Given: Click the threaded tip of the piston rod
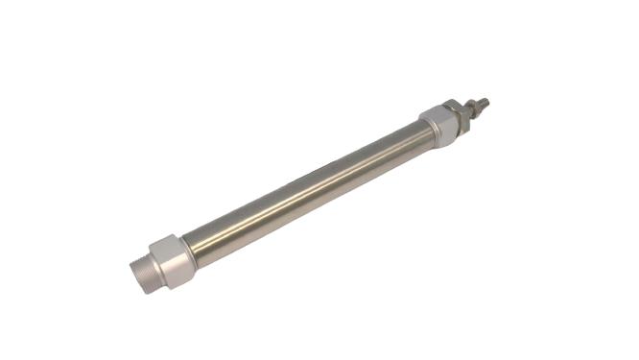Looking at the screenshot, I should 481,103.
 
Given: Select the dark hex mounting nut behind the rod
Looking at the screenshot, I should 456,114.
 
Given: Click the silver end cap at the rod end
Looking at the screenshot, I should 440,126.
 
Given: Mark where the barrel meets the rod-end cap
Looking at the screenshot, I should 423,135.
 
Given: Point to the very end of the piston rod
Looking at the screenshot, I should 486,100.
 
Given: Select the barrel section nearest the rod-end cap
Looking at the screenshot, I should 403,145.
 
